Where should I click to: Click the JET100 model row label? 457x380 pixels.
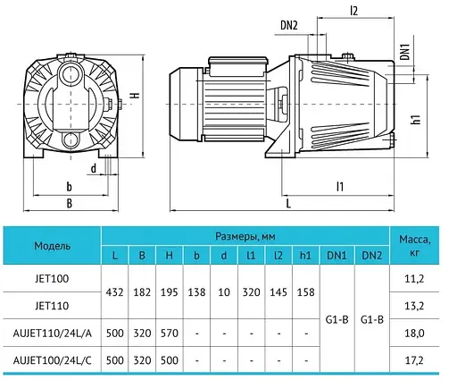pyautogui.click(x=52, y=279)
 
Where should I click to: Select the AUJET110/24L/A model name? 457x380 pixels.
pyautogui.click(x=53, y=334)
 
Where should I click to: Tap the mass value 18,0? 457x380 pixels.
pyautogui.click(x=414, y=334)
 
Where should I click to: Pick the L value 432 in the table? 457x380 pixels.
pyautogui.click(x=114, y=292)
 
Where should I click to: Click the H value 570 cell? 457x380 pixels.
pyautogui.click(x=170, y=334)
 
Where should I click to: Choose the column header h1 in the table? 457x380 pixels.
pyautogui.click(x=305, y=256)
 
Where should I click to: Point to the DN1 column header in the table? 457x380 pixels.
pyautogui.click(x=337, y=256)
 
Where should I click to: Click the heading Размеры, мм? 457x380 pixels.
pyautogui.click(x=245, y=236)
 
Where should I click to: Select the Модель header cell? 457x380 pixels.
pyautogui.click(x=52, y=246)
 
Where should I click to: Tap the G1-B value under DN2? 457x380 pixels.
pyautogui.click(x=372, y=320)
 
